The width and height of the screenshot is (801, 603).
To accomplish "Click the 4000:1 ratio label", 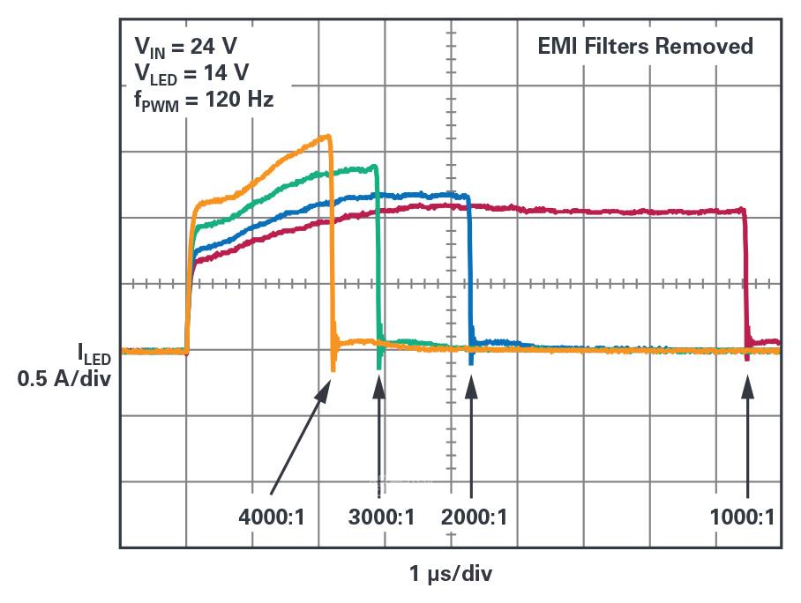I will coord(272,517).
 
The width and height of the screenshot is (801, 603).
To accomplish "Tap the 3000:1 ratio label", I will coord(381,517).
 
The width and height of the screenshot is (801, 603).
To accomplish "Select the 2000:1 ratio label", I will coord(475,517).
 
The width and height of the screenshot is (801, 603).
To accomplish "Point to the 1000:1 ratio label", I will coord(743,517).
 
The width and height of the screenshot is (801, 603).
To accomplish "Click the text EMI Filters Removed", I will coord(646,46).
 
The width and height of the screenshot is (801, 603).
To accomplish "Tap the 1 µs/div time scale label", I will coord(451,575).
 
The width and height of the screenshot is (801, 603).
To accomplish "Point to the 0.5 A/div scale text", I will coord(67,380).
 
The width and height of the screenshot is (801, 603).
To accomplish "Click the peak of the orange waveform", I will coord(328,136).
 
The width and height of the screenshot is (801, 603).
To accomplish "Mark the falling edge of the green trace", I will coord(378,256).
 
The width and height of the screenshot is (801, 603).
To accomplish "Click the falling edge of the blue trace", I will coord(469,273).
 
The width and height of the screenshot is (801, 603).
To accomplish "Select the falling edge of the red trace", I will coord(746,282).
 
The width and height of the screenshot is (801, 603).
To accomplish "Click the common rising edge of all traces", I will coord(188,282).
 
